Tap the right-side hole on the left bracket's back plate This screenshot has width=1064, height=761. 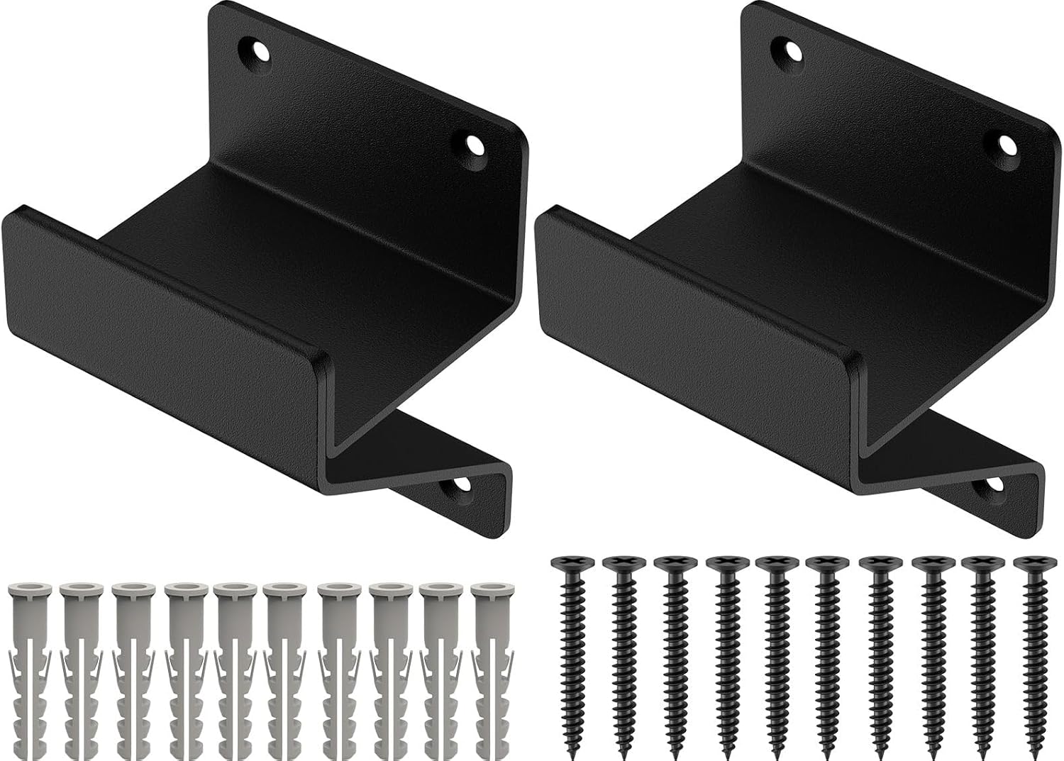tap(473, 147)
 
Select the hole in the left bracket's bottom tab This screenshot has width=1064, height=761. tap(456, 485)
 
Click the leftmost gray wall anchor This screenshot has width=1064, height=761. tap(29, 667)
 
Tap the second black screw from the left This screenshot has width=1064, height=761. tap(623, 652)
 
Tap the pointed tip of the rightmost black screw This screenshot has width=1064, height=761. tap(1033, 748)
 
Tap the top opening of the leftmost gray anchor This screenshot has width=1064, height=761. tap(29, 589)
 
